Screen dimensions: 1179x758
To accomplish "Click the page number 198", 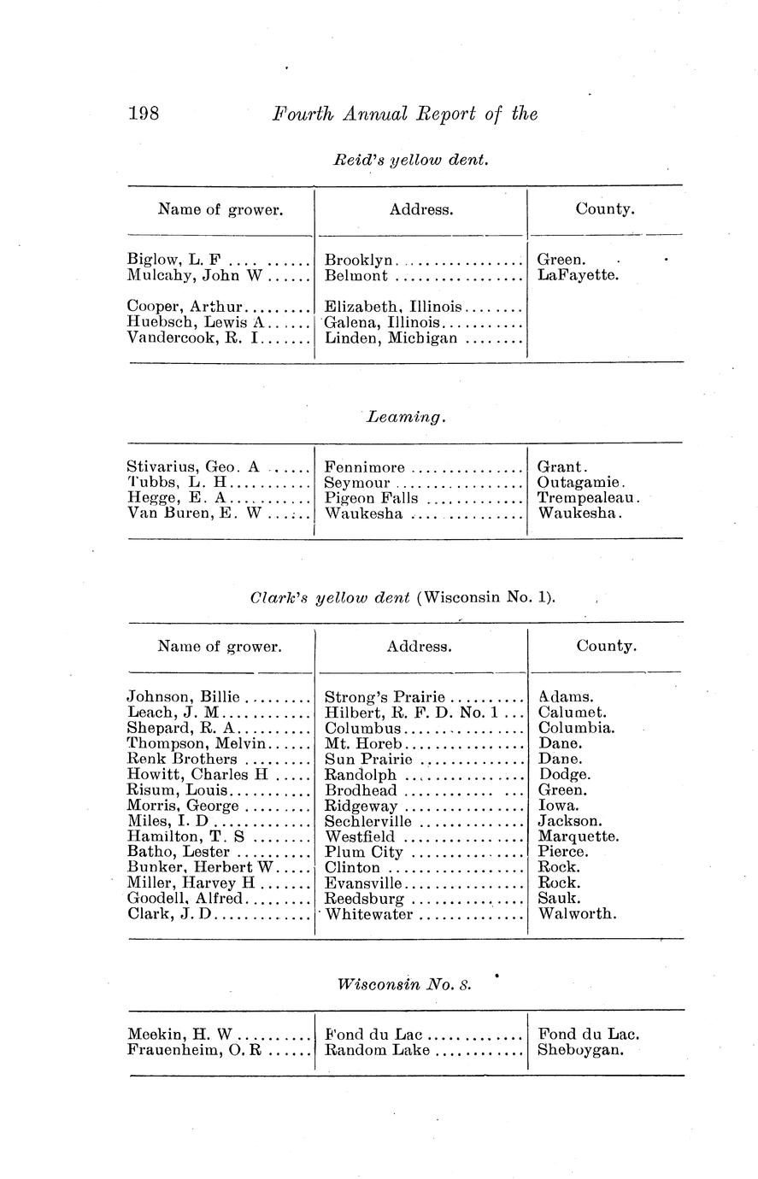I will (144, 114).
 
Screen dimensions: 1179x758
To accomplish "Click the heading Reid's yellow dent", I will (410, 160).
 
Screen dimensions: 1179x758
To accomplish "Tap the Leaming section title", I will (405, 418).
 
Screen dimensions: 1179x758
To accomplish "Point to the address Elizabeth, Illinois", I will (393, 307).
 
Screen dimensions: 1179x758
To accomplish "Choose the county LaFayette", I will (577, 276).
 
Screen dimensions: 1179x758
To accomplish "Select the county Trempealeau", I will (587, 499).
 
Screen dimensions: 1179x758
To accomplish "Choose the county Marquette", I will (578, 836).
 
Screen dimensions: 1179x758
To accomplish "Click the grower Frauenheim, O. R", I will (193, 1050).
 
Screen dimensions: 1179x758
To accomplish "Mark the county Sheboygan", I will (580, 1050).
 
